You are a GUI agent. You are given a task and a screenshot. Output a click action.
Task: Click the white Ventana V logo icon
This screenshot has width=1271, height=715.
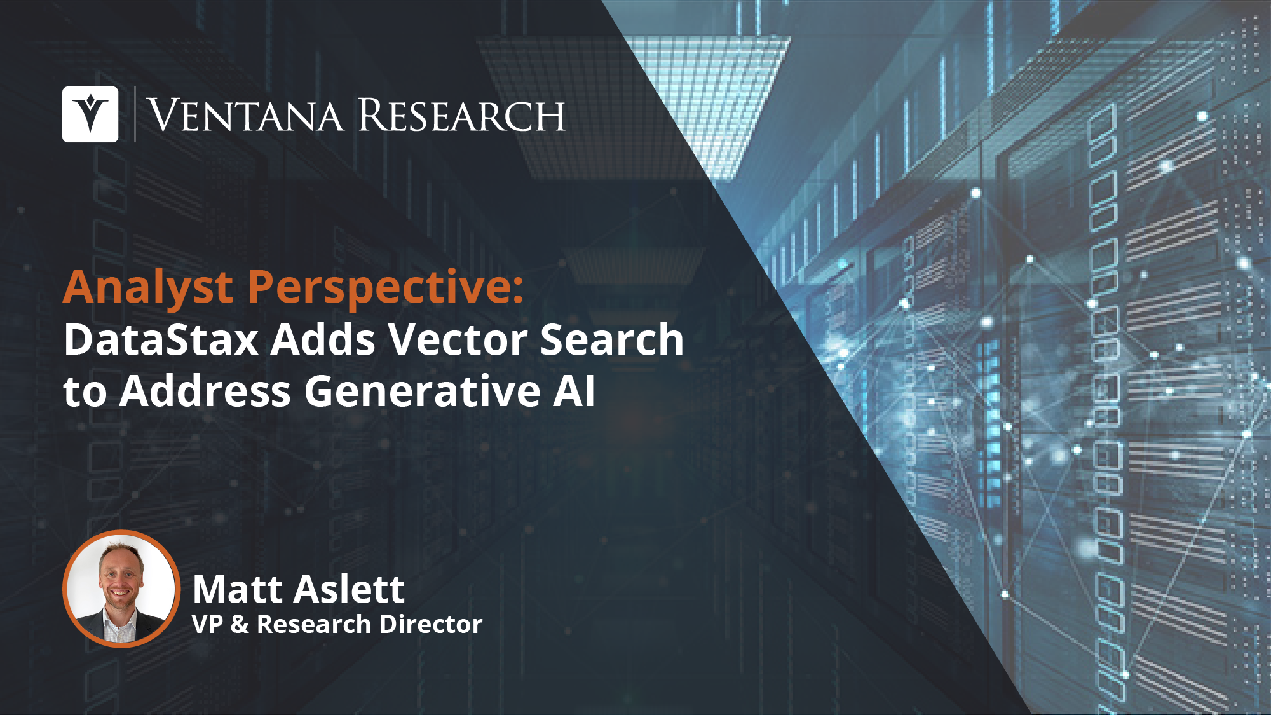[x=90, y=114]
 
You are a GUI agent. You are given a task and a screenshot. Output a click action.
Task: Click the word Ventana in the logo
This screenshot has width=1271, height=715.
[x=245, y=116]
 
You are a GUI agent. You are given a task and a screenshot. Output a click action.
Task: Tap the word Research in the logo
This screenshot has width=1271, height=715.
[x=462, y=115]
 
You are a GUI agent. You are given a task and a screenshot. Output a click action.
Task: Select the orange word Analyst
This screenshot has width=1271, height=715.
[x=148, y=287]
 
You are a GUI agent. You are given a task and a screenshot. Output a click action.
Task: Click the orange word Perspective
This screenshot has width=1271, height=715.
[x=386, y=287]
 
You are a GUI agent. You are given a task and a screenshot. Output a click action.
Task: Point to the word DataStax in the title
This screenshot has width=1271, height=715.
[x=161, y=339]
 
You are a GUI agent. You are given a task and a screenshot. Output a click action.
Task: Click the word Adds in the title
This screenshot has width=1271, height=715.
[x=323, y=339]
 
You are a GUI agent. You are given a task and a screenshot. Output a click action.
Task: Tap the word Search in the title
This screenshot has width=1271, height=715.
[x=612, y=339]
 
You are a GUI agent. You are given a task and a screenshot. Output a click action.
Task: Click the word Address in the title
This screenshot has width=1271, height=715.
[x=205, y=390]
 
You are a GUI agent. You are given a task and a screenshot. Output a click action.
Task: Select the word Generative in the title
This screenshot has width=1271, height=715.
[x=423, y=390]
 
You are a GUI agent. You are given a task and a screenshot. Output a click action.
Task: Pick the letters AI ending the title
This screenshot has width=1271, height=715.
[x=574, y=390]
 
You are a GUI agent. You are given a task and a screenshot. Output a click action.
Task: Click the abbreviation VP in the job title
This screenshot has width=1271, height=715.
[x=207, y=624]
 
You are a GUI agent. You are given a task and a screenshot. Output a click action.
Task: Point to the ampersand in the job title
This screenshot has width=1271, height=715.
[x=240, y=624]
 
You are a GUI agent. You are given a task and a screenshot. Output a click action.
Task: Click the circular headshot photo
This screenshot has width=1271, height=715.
[x=121, y=589]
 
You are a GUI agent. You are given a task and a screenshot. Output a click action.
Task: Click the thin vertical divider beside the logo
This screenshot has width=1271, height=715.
[x=135, y=114]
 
